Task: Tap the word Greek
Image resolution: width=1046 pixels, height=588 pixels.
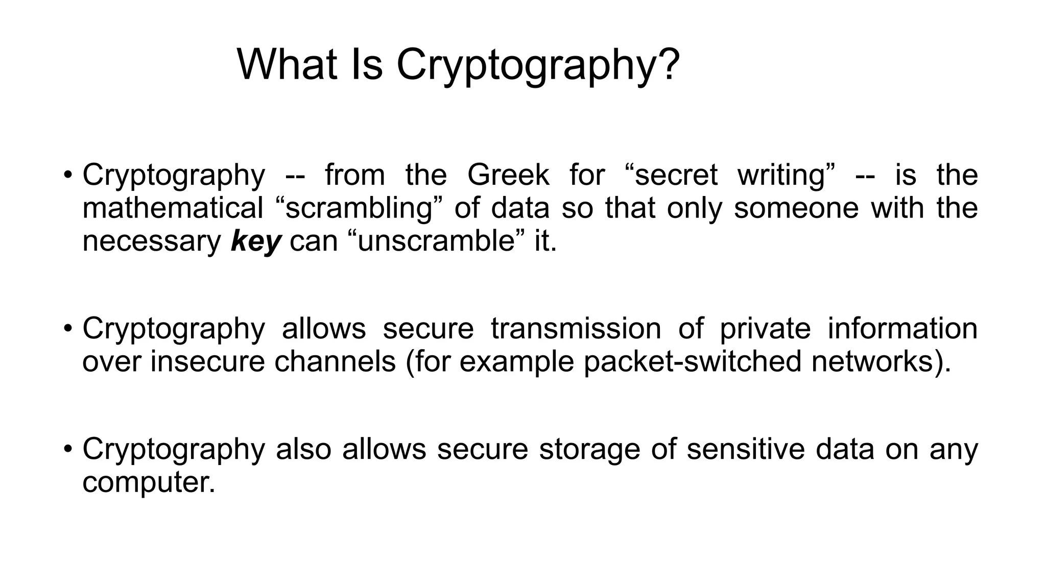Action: point(508,175)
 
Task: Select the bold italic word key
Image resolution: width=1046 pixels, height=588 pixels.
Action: point(256,241)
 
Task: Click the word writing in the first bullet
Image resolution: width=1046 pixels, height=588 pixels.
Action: point(781,175)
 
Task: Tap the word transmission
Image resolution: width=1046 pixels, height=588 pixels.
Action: point(576,328)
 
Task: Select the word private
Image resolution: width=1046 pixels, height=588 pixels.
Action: point(765,328)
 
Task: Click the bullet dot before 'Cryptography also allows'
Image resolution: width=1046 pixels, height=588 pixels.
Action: point(68,450)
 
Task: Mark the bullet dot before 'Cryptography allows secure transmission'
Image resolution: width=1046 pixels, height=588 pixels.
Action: point(68,329)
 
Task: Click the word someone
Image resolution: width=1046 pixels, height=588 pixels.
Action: point(796,208)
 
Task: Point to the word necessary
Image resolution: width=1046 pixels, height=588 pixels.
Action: point(152,241)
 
